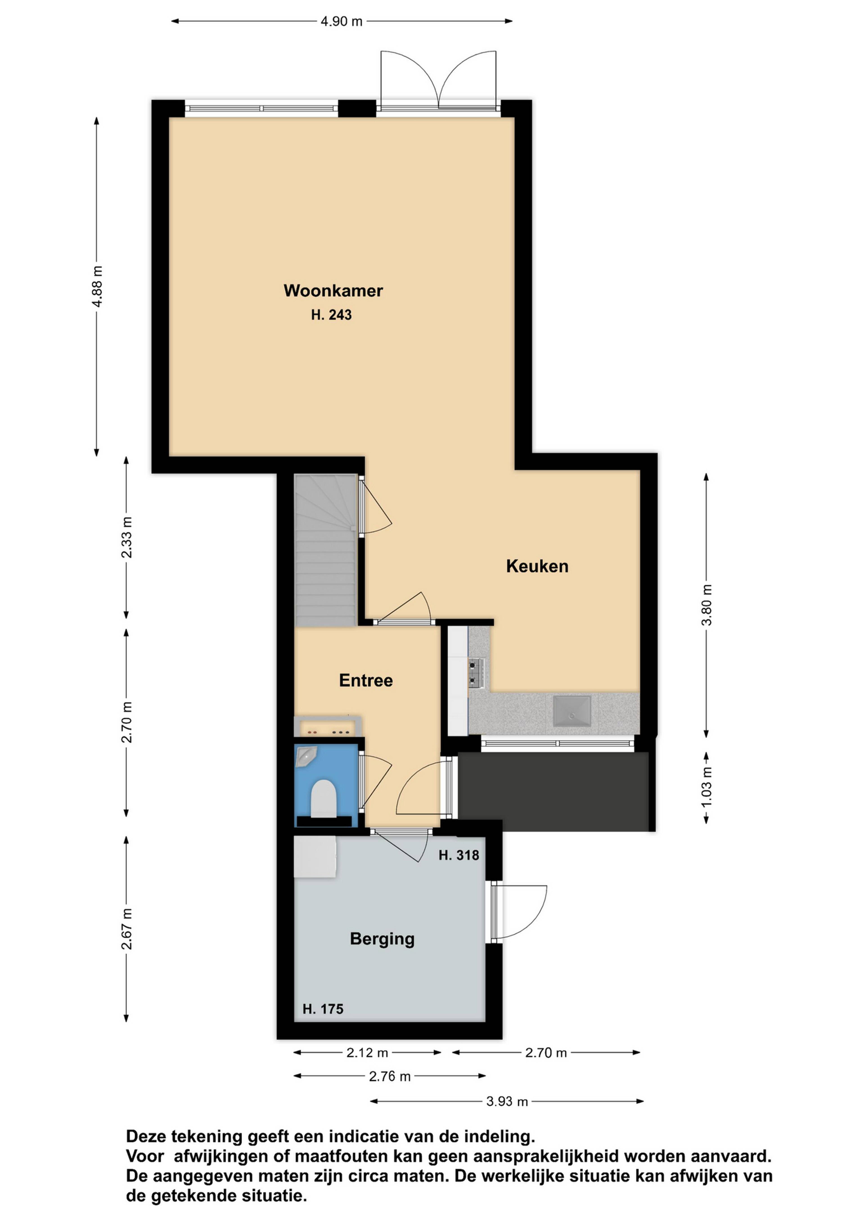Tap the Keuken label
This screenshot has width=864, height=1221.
tap(537, 566)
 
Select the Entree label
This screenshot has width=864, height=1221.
tap(366, 681)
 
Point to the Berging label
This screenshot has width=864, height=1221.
tap(382, 939)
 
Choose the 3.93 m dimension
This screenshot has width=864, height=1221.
tap(507, 1102)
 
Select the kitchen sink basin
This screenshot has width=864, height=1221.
tap(572, 711)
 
